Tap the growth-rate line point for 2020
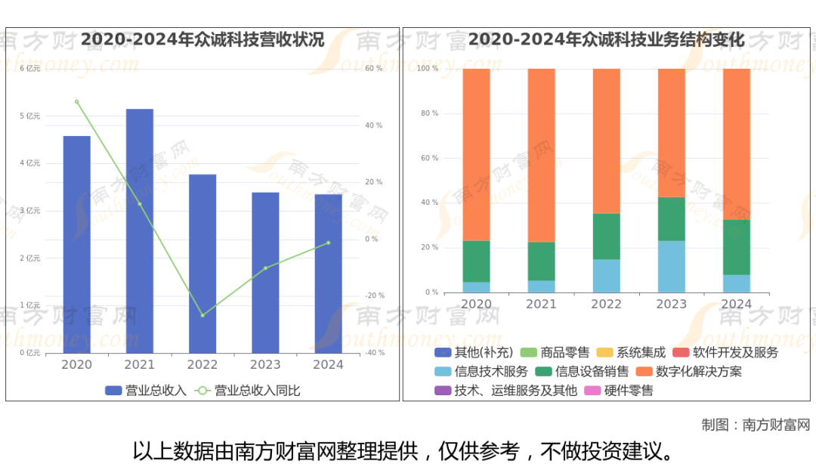point(76,101)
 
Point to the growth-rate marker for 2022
point(202,315)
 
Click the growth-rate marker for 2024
point(328,243)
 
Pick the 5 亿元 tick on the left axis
point(30,116)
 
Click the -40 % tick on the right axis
point(375,353)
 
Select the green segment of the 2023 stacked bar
point(671,218)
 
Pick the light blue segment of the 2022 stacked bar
point(606,276)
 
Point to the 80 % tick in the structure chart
point(429,113)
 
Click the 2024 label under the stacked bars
point(736,304)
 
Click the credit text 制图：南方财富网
point(755,425)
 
